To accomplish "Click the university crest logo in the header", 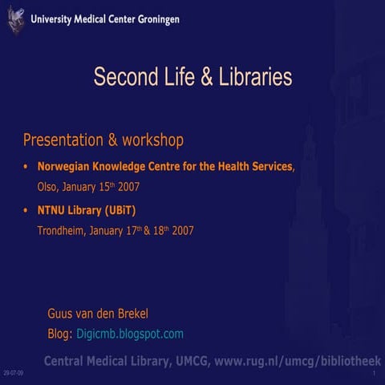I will pyautogui.click(x=16, y=18).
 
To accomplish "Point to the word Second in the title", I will pyautogui.click(x=119, y=78).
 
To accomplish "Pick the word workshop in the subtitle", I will pyautogui.click(x=153, y=140).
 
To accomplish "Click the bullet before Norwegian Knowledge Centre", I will pyautogui.click(x=26, y=168).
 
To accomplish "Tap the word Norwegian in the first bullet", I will pyautogui.click(x=65, y=168).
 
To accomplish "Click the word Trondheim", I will pyautogui.click(x=61, y=231).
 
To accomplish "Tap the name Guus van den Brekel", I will pyautogui.click(x=99, y=313).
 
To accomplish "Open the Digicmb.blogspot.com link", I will pyautogui.click(x=130, y=333).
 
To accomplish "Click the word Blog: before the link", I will pyautogui.click(x=61, y=333).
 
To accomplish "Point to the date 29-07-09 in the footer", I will pyautogui.click(x=14, y=375).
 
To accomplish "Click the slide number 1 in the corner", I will pyautogui.click(x=375, y=375).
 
